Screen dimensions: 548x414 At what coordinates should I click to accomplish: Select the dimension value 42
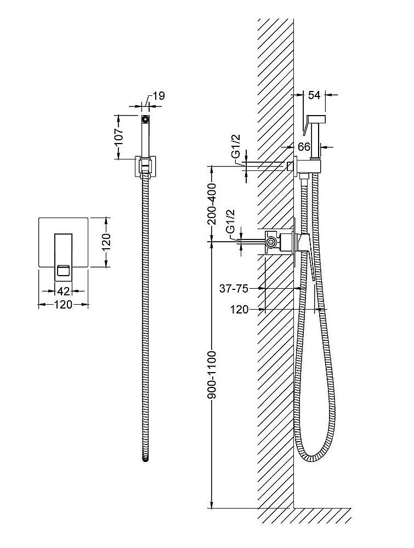[x=64, y=291]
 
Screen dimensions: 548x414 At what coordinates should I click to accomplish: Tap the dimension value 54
[x=314, y=95]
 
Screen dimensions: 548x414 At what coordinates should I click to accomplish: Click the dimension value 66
[x=304, y=147]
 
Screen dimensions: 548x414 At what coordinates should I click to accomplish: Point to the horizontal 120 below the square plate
[x=63, y=305]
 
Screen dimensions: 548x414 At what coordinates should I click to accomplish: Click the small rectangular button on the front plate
[x=64, y=269]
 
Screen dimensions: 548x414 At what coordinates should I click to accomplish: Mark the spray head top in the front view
[x=145, y=117]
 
